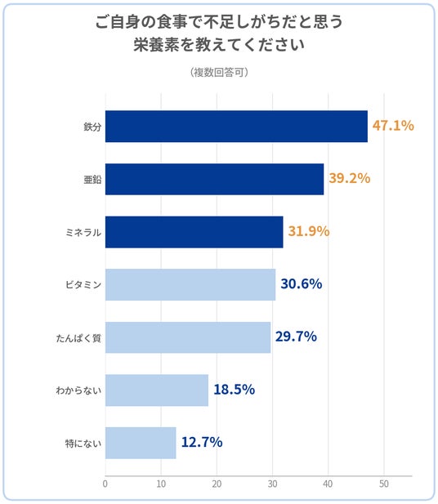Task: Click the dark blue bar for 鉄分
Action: [236, 127]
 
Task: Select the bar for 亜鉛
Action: [214, 179]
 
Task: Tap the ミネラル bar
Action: [194, 232]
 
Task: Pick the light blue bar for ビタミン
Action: [190, 285]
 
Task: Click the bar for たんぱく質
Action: [188, 337]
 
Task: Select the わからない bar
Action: [157, 390]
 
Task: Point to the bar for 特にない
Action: [141, 443]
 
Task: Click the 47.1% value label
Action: [393, 125]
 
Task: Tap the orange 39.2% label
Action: [350, 178]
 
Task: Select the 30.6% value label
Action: [302, 283]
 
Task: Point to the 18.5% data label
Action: [234, 390]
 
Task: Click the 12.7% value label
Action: [202, 442]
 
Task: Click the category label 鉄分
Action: [92, 127]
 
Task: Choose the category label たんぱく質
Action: [78, 338]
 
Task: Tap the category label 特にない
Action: [83, 444]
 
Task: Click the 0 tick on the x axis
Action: [105, 484]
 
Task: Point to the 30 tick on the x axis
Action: [272, 484]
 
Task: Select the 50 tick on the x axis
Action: [383, 484]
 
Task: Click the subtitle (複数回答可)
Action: [219, 73]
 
